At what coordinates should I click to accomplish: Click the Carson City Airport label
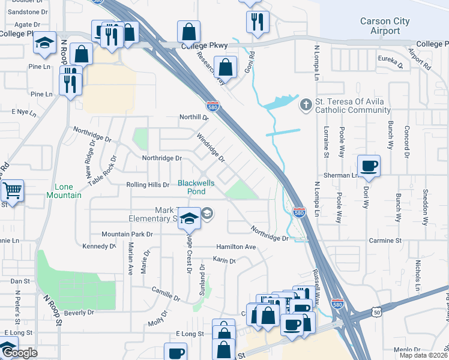click(x=385, y=26)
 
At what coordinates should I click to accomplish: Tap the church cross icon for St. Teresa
click(x=306, y=105)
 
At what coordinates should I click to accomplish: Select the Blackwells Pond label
click(x=191, y=187)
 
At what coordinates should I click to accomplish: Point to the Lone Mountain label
click(x=64, y=191)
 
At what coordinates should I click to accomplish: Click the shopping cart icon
click(x=12, y=191)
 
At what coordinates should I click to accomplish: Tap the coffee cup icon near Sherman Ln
click(x=369, y=166)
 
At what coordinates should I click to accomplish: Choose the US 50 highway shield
click(x=376, y=312)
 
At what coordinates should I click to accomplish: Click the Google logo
click(x=19, y=353)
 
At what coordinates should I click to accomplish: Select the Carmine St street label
click(x=385, y=241)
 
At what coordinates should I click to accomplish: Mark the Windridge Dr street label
click(x=211, y=148)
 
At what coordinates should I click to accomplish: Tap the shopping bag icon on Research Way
click(x=226, y=67)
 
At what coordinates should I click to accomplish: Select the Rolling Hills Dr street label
click(x=148, y=185)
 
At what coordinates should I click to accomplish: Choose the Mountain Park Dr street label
click(x=127, y=233)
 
